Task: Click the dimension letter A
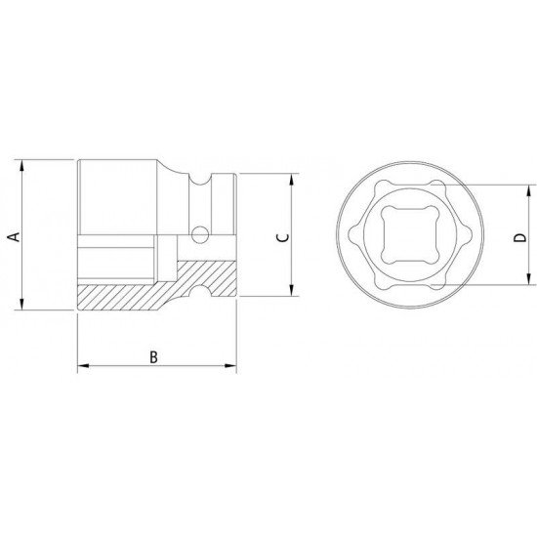[15, 236]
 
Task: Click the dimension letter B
[153, 357]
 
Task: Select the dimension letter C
[283, 237]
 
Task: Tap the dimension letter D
[520, 237]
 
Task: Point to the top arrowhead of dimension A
[21, 165]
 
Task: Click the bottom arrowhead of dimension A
[21, 304]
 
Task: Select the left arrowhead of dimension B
[84, 366]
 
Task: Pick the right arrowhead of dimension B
[230, 366]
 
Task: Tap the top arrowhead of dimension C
[292, 180]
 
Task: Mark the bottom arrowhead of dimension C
[292, 290]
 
